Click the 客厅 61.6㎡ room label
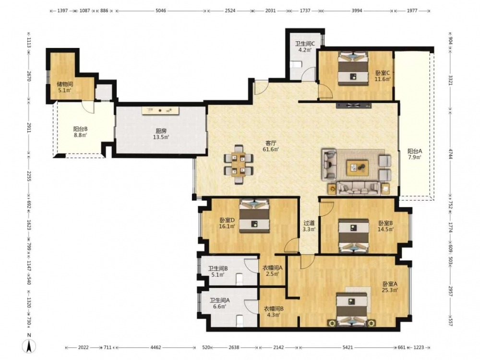(271, 146)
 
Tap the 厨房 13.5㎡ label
(161, 134)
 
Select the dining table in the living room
(238, 164)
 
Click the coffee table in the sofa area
(357, 168)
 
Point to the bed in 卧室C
(353, 69)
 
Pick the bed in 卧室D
(254, 216)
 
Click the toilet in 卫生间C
(296, 64)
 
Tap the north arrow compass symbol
(29, 346)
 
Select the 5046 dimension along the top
(161, 11)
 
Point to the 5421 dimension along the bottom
(348, 347)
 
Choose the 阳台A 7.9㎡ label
(415, 154)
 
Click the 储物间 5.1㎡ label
(65, 87)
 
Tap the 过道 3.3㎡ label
(309, 226)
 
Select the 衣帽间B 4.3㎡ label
(274, 312)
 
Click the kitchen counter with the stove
(160, 110)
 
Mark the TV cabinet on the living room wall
(354, 106)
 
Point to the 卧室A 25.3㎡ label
(390, 287)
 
